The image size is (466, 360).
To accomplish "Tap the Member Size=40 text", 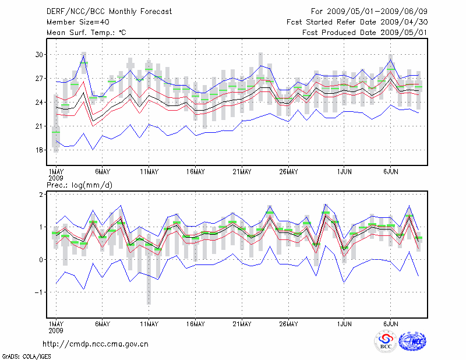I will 73,22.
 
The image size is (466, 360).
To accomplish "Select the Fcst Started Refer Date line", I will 357,22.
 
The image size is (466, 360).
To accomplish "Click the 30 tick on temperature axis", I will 40,55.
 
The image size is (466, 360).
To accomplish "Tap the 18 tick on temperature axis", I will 40,150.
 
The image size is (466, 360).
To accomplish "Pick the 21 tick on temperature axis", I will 40,126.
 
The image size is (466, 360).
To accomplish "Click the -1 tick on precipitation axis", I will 40,292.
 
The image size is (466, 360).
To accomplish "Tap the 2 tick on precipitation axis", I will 42,195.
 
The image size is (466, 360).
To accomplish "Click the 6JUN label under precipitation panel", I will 391,323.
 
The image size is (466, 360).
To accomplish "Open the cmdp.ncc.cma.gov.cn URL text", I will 96,344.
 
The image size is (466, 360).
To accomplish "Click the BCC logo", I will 386,342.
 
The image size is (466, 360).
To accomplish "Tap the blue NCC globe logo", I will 412,341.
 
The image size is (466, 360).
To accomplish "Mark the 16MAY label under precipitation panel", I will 195,323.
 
